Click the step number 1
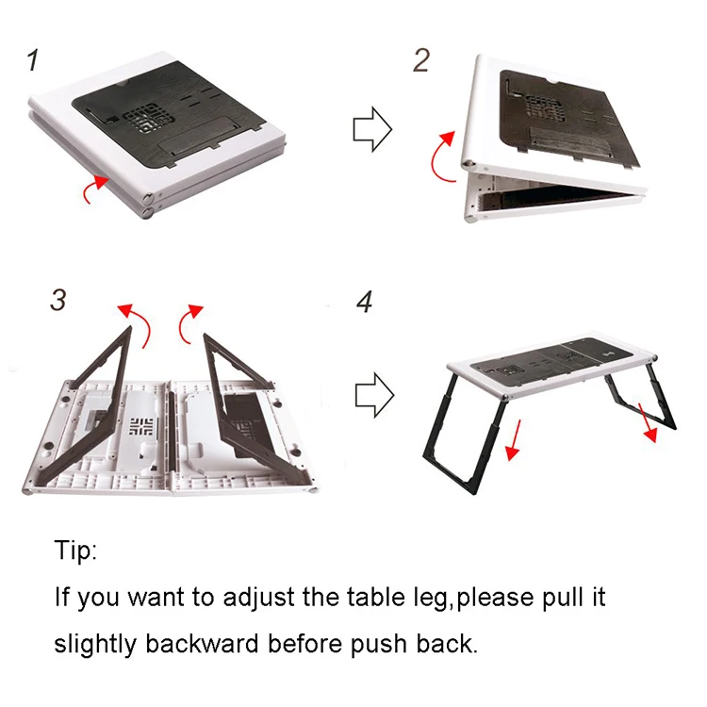pos(34,61)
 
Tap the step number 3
pos(58,301)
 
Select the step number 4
pos(365,302)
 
